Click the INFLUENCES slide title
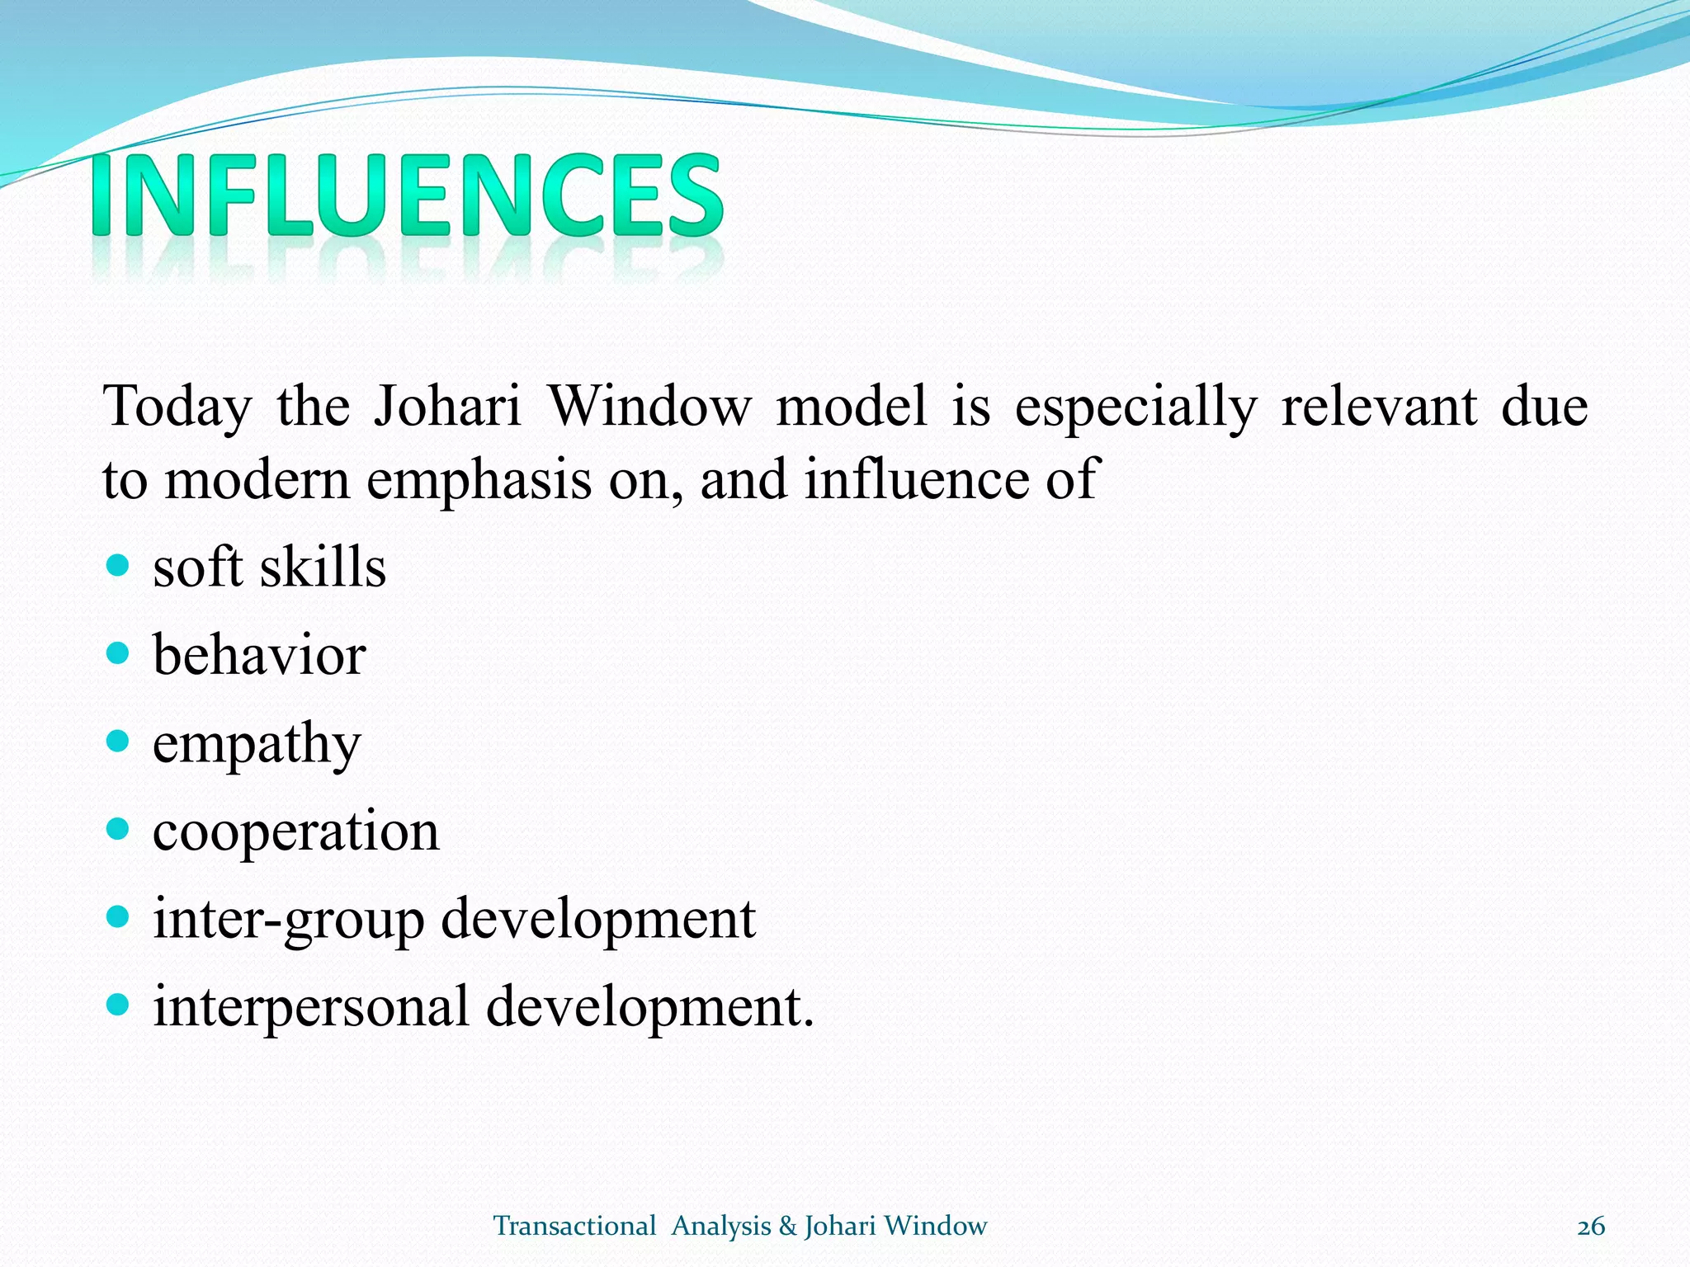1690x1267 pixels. [x=407, y=195]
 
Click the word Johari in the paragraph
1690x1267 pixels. [x=447, y=407]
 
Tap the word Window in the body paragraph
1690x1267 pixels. [x=650, y=407]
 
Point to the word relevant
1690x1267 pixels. [x=1379, y=407]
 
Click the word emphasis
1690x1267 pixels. [x=479, y=480]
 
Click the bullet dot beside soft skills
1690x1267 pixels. [x=119, y=566]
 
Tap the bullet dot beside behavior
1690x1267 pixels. [x=119, y=654]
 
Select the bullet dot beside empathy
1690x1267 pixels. [x=119, y=742]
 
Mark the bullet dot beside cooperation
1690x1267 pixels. [x=119, y=829]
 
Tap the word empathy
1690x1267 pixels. [x=257, y=745]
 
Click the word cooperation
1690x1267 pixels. [x=295, y=831]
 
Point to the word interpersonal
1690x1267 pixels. [x=311, y=1008]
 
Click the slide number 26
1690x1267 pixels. [x=1590, y=1227]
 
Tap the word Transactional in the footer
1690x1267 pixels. [x=574, y=1227]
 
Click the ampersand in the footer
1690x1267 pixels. [x=787, y=1227]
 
